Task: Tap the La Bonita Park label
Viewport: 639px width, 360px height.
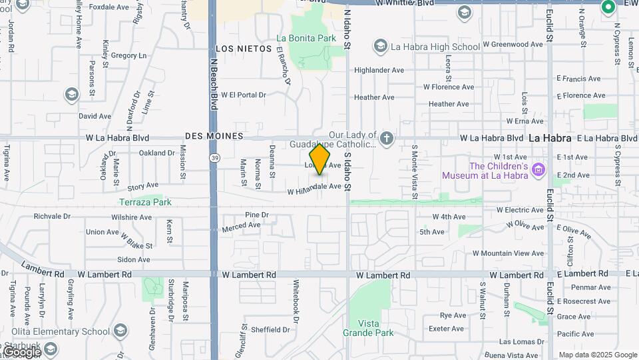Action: coord(306,39)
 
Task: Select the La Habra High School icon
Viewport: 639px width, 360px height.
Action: coord(380,46)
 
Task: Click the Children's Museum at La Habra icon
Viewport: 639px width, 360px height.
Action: coord(539,171)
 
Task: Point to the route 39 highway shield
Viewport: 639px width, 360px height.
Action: coord(214,157)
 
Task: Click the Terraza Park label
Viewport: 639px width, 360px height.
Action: coord(145,202)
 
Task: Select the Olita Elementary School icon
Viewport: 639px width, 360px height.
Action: coord(120,331)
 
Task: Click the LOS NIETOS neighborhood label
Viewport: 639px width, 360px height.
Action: coord(244,49)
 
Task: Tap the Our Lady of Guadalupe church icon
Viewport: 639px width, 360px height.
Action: coord(387,139)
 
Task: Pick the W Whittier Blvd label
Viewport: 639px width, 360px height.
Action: coord(405,3)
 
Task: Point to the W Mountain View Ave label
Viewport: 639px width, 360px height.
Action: coord(508,253)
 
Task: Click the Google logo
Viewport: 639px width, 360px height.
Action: coord(21,351)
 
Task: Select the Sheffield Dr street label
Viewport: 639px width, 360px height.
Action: coord(269,329)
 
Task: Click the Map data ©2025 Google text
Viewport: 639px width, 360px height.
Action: coord(598,355)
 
